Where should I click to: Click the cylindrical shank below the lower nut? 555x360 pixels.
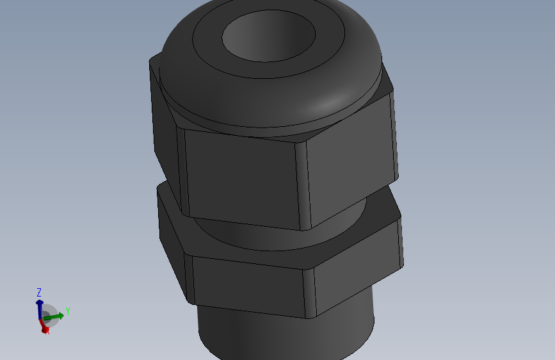282,333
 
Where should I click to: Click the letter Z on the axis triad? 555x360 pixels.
39,291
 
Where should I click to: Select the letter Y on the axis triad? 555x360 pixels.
67,311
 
